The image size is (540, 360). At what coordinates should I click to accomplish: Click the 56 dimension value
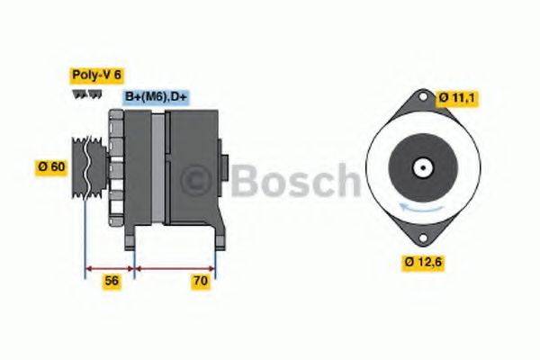(112, 282)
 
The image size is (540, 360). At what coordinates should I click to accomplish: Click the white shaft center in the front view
(420, 166)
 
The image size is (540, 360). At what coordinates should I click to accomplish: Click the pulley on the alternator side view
(87, 166)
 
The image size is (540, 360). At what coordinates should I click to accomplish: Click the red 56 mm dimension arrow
(110, 267)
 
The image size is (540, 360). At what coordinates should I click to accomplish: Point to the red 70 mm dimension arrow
(175, 267)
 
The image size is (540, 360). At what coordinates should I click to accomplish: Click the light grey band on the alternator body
(159, 166)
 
